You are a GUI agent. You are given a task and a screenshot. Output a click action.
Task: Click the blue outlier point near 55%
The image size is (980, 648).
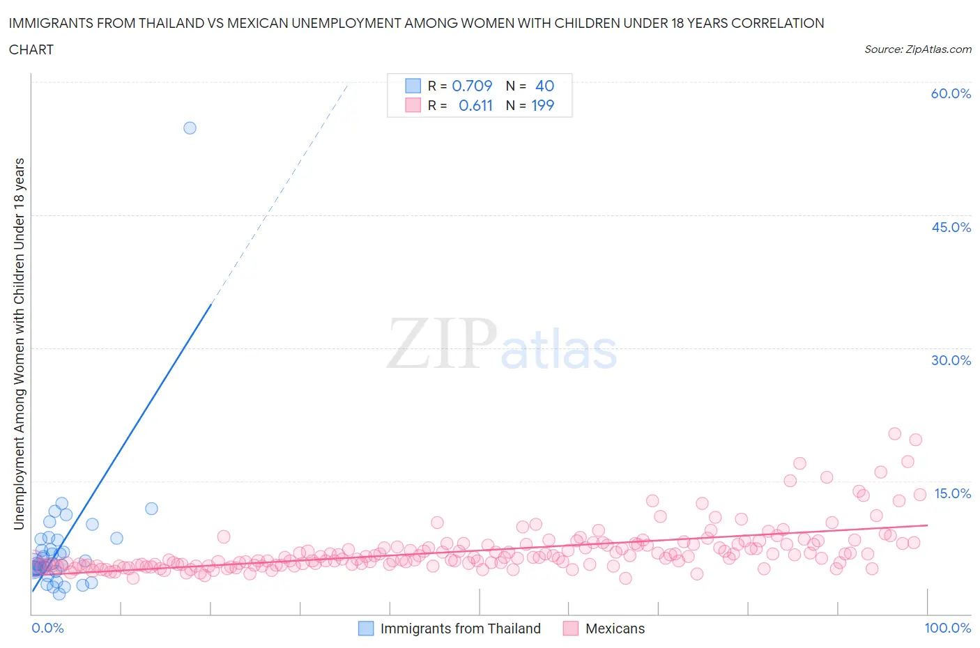[x=190, y=128]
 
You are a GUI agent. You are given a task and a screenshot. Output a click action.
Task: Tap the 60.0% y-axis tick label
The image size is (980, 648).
[x=951, y=93]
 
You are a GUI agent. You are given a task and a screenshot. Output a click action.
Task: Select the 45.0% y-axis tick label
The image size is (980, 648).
[x=951, y=227]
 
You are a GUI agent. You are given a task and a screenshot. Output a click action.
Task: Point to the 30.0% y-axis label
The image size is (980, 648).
[x=951, y=360]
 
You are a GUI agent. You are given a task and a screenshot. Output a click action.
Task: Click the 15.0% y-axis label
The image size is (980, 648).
[x=952, y=493]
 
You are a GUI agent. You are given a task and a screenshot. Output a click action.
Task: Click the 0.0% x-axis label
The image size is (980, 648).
[x=47, y=628]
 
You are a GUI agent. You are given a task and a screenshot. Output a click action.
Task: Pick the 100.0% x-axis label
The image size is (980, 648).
[x=947, y=628]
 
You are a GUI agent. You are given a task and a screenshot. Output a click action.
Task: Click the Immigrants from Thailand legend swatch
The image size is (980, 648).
[x=366, y=628]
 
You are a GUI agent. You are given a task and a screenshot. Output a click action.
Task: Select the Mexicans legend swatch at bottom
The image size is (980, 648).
[x=571, y=628]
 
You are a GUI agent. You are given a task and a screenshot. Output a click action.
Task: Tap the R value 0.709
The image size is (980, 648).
[x=472, y=86]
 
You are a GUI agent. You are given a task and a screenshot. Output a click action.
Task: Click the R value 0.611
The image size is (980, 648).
[x=475, y=105]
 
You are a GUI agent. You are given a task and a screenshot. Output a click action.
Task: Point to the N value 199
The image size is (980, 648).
[x=542, y=105]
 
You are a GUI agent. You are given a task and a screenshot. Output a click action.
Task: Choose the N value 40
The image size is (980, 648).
[x=544, y=86]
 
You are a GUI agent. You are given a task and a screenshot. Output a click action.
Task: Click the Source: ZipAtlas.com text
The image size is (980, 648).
[x=917, y=49]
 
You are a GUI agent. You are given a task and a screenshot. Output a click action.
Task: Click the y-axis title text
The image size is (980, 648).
[x=19, y=344]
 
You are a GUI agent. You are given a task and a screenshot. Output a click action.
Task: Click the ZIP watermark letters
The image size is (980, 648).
[x=441, y=344]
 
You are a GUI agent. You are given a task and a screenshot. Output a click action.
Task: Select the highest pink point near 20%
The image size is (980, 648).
[x=895, y=433]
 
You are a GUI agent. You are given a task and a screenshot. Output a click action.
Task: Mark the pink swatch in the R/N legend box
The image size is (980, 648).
[x=413, y=105]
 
